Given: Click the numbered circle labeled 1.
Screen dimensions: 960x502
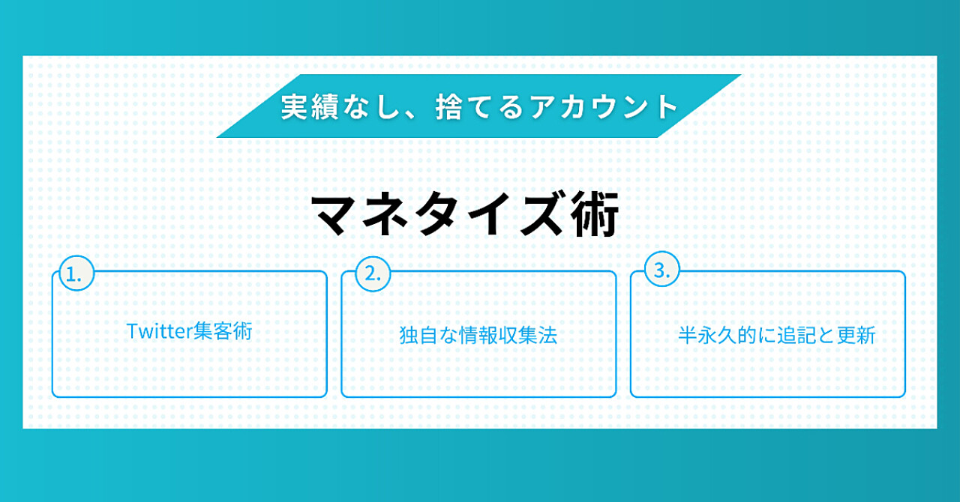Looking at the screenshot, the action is (x=76, y=273).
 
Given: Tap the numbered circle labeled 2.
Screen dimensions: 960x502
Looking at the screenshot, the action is (x=373, y=273).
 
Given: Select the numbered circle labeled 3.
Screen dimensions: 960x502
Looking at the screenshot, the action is (x=661, y=269).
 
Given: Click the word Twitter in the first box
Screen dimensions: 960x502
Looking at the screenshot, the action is (x=158, y=331).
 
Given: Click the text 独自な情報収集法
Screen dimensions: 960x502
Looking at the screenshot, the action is (x=478, y=335).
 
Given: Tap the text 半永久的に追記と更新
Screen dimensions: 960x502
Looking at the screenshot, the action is (x=776, y=335).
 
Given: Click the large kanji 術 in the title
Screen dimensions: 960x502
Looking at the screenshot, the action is (x=595, y=214).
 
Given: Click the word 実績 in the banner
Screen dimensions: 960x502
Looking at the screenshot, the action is (x=310, y=106).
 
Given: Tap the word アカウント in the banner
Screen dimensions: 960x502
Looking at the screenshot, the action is (x=604, y=106).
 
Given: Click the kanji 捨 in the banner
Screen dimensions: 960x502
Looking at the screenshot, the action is (x=448, y=106).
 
